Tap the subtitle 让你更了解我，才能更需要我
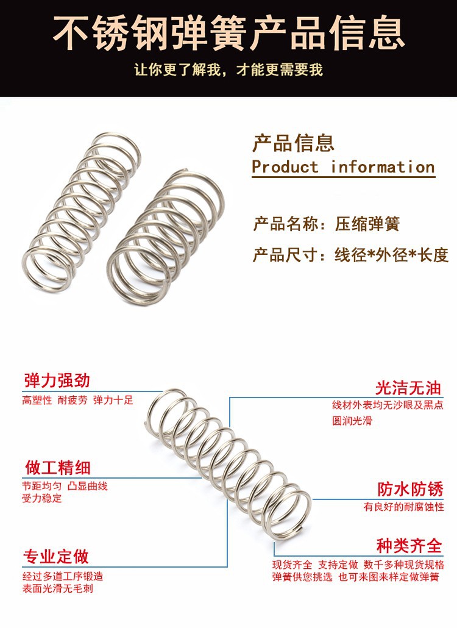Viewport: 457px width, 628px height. coord(228,70)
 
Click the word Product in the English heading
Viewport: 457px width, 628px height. coord(285,167)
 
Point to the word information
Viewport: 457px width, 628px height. coord(383,167)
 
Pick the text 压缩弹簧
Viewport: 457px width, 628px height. coord(367,224)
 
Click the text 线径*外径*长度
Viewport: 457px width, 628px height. coord(391,255)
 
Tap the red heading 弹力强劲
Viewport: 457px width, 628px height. coord(57,381)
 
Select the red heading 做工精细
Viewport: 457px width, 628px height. coord(57,468)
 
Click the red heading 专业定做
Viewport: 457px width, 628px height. coord(57,556)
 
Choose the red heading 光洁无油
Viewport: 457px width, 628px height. coord(408,387)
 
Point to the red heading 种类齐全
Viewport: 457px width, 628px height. coord(409,544)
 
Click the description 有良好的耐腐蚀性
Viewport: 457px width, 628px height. coord(404,507)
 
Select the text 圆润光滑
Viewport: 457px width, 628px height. coord(352,421)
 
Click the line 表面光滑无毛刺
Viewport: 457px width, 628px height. coord(58,589)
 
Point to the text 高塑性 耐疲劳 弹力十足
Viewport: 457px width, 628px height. coord(77,401)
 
